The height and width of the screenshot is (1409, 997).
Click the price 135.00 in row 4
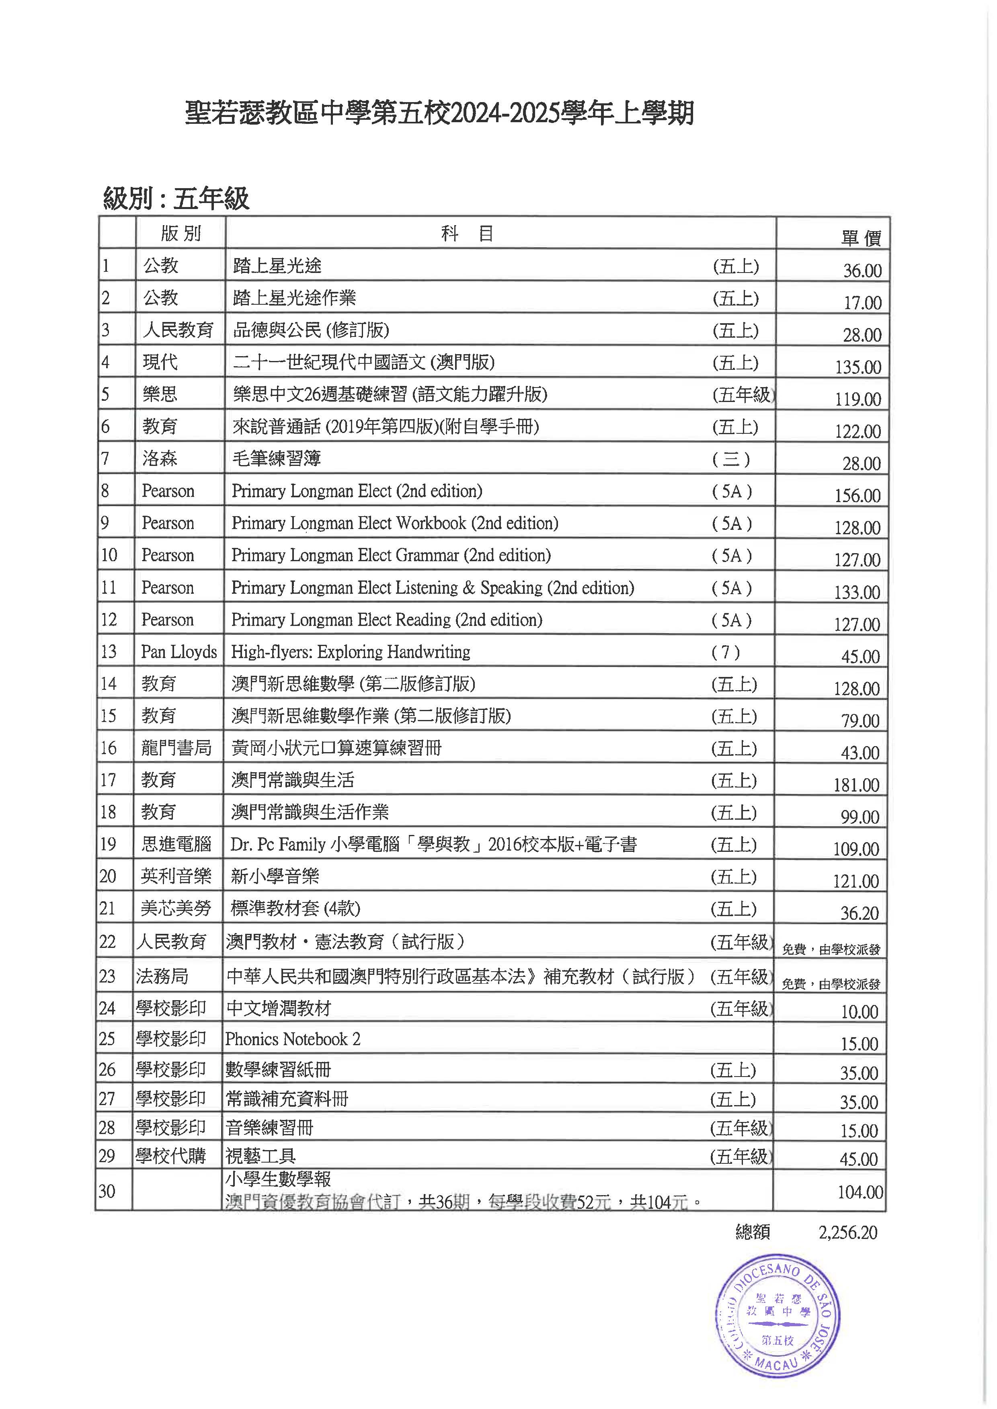858,367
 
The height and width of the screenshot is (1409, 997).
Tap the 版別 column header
181,233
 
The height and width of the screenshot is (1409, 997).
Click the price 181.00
856,785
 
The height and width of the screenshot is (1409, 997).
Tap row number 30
107,1191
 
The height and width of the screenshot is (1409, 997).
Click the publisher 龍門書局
176,748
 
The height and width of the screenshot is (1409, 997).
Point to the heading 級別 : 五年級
176,198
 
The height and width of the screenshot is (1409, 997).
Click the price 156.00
858,495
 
